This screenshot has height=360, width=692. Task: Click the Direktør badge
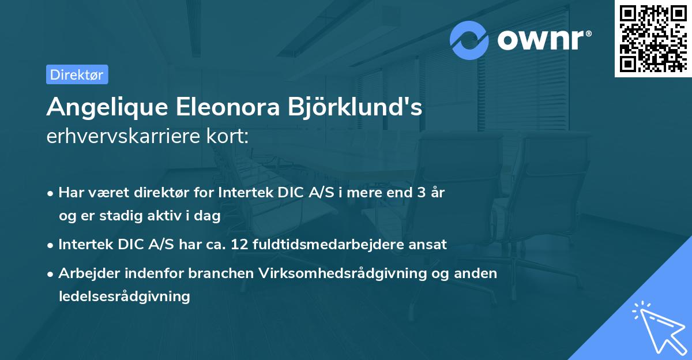(77, 74)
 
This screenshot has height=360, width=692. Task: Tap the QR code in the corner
(653, 38)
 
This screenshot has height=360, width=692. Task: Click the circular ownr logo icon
(469, 40)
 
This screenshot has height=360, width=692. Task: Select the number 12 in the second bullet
(239, 245)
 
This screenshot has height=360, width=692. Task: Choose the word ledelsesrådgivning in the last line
(124, 297)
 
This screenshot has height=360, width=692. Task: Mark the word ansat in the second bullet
(430, 245)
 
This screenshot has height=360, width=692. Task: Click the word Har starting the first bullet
(69, 193)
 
